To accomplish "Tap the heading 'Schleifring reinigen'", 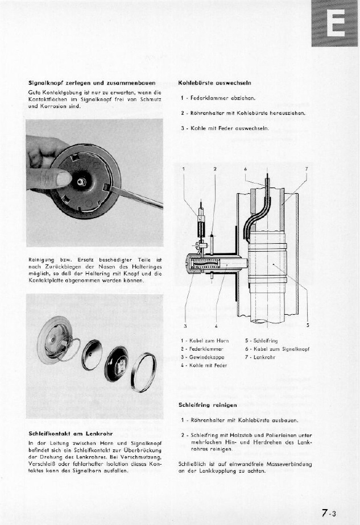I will pos(208,405).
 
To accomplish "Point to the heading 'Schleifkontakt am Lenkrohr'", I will pos(69,434).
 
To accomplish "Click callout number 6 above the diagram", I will pos(245,169).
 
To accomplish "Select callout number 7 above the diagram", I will pos(307,169).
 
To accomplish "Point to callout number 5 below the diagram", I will pos(308,326).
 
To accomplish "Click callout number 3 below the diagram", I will pos(185,326).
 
